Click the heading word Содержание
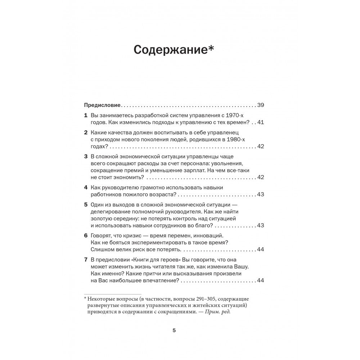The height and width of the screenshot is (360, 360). tap(170, 50)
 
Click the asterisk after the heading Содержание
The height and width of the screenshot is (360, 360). tap(210, 49)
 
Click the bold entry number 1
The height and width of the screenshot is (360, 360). tap(86, 116)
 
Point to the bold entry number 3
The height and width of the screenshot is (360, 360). tap(86, 157)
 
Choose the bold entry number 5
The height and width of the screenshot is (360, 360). tap(86, 205)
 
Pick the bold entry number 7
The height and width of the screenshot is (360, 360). tap(86, 260)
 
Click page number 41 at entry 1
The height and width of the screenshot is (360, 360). tap(261, 122)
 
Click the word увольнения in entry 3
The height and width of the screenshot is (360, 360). tap(241, 164)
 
